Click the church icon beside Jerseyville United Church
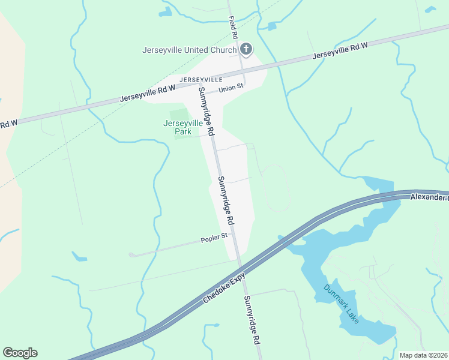[246, 49]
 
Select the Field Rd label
[234, 26]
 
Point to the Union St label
[231, 88]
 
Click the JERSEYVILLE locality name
[200, 79]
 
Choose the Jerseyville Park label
[186, 127]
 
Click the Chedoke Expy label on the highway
[221, 287]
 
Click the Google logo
[20, 353]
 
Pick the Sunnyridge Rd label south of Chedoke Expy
[252, 328]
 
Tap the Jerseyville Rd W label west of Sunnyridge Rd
[147, 93]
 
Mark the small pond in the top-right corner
[430, 10]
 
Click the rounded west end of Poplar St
[132, 255]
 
